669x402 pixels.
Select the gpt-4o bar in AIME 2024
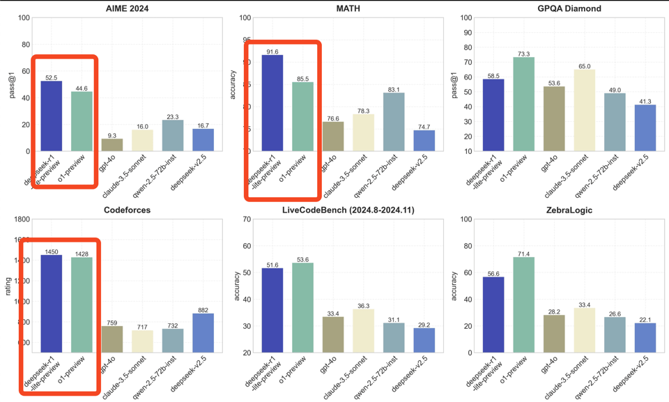click(112, 145)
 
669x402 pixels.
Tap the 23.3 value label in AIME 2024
click(173, 117)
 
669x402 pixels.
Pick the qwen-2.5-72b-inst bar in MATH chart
click(394, 122)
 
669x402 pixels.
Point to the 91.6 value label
click(272, 52)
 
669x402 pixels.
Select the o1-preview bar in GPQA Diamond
click(524, 104)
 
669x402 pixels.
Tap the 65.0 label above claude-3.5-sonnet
click(585, 67)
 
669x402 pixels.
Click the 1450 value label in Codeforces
click(52, 252)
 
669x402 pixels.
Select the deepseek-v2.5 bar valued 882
click(203, 333)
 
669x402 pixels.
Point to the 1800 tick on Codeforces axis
click(20, 219)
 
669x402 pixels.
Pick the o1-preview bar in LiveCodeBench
click(302, 308)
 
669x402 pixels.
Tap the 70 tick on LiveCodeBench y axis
click(246, 219)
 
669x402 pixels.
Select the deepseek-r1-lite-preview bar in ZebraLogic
click(493, 315)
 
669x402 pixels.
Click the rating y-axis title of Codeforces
click(8, 286)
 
